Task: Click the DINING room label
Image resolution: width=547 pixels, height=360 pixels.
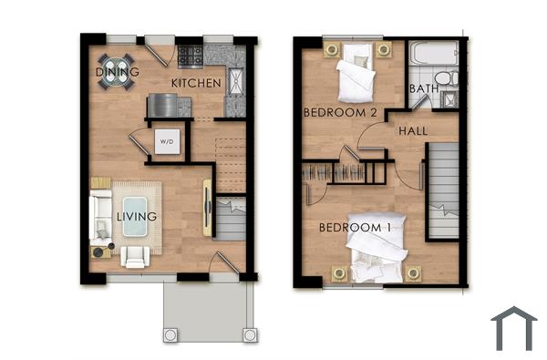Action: [x=118, y=72]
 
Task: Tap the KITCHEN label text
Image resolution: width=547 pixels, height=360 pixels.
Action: [x=196, y=83]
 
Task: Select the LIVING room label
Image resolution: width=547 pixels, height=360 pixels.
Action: [x=136, y=217]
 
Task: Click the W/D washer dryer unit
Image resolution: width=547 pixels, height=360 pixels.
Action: [x=166, y=141]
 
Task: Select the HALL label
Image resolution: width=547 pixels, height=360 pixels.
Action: [x=413, y=131]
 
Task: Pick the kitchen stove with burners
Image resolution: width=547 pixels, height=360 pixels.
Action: [x=191, y=56]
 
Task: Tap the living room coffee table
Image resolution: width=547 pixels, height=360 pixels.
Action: [x=137, y=215]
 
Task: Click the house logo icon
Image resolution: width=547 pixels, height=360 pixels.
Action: [x=514, y=329]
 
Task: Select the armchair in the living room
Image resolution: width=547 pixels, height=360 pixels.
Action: [x=135, y=256]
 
